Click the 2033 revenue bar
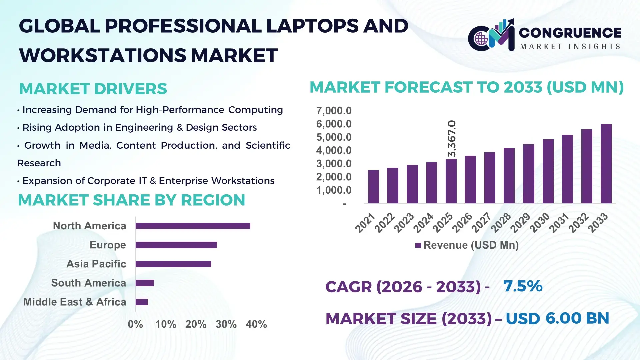[606, 164]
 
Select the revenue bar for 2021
[373, 187]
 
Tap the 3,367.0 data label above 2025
[452, 139]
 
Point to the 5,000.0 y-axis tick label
[334, 137]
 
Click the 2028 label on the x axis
[501, 223]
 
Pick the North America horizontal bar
[193, 226]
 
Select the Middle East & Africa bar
[142, 302]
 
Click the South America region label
[88, 283]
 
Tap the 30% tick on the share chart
[226, 324]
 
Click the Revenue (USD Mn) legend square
[418, 246]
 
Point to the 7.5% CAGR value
[523, 286]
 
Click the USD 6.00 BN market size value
[557, 318]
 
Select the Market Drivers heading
[93, 89]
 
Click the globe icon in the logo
[481, 39]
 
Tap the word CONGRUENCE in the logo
[570, 33]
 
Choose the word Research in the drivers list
[39, 163]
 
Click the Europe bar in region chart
[176, 245]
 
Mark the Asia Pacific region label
[96, 264]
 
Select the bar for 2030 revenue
[548, 171]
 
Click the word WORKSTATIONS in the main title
[102, 55]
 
